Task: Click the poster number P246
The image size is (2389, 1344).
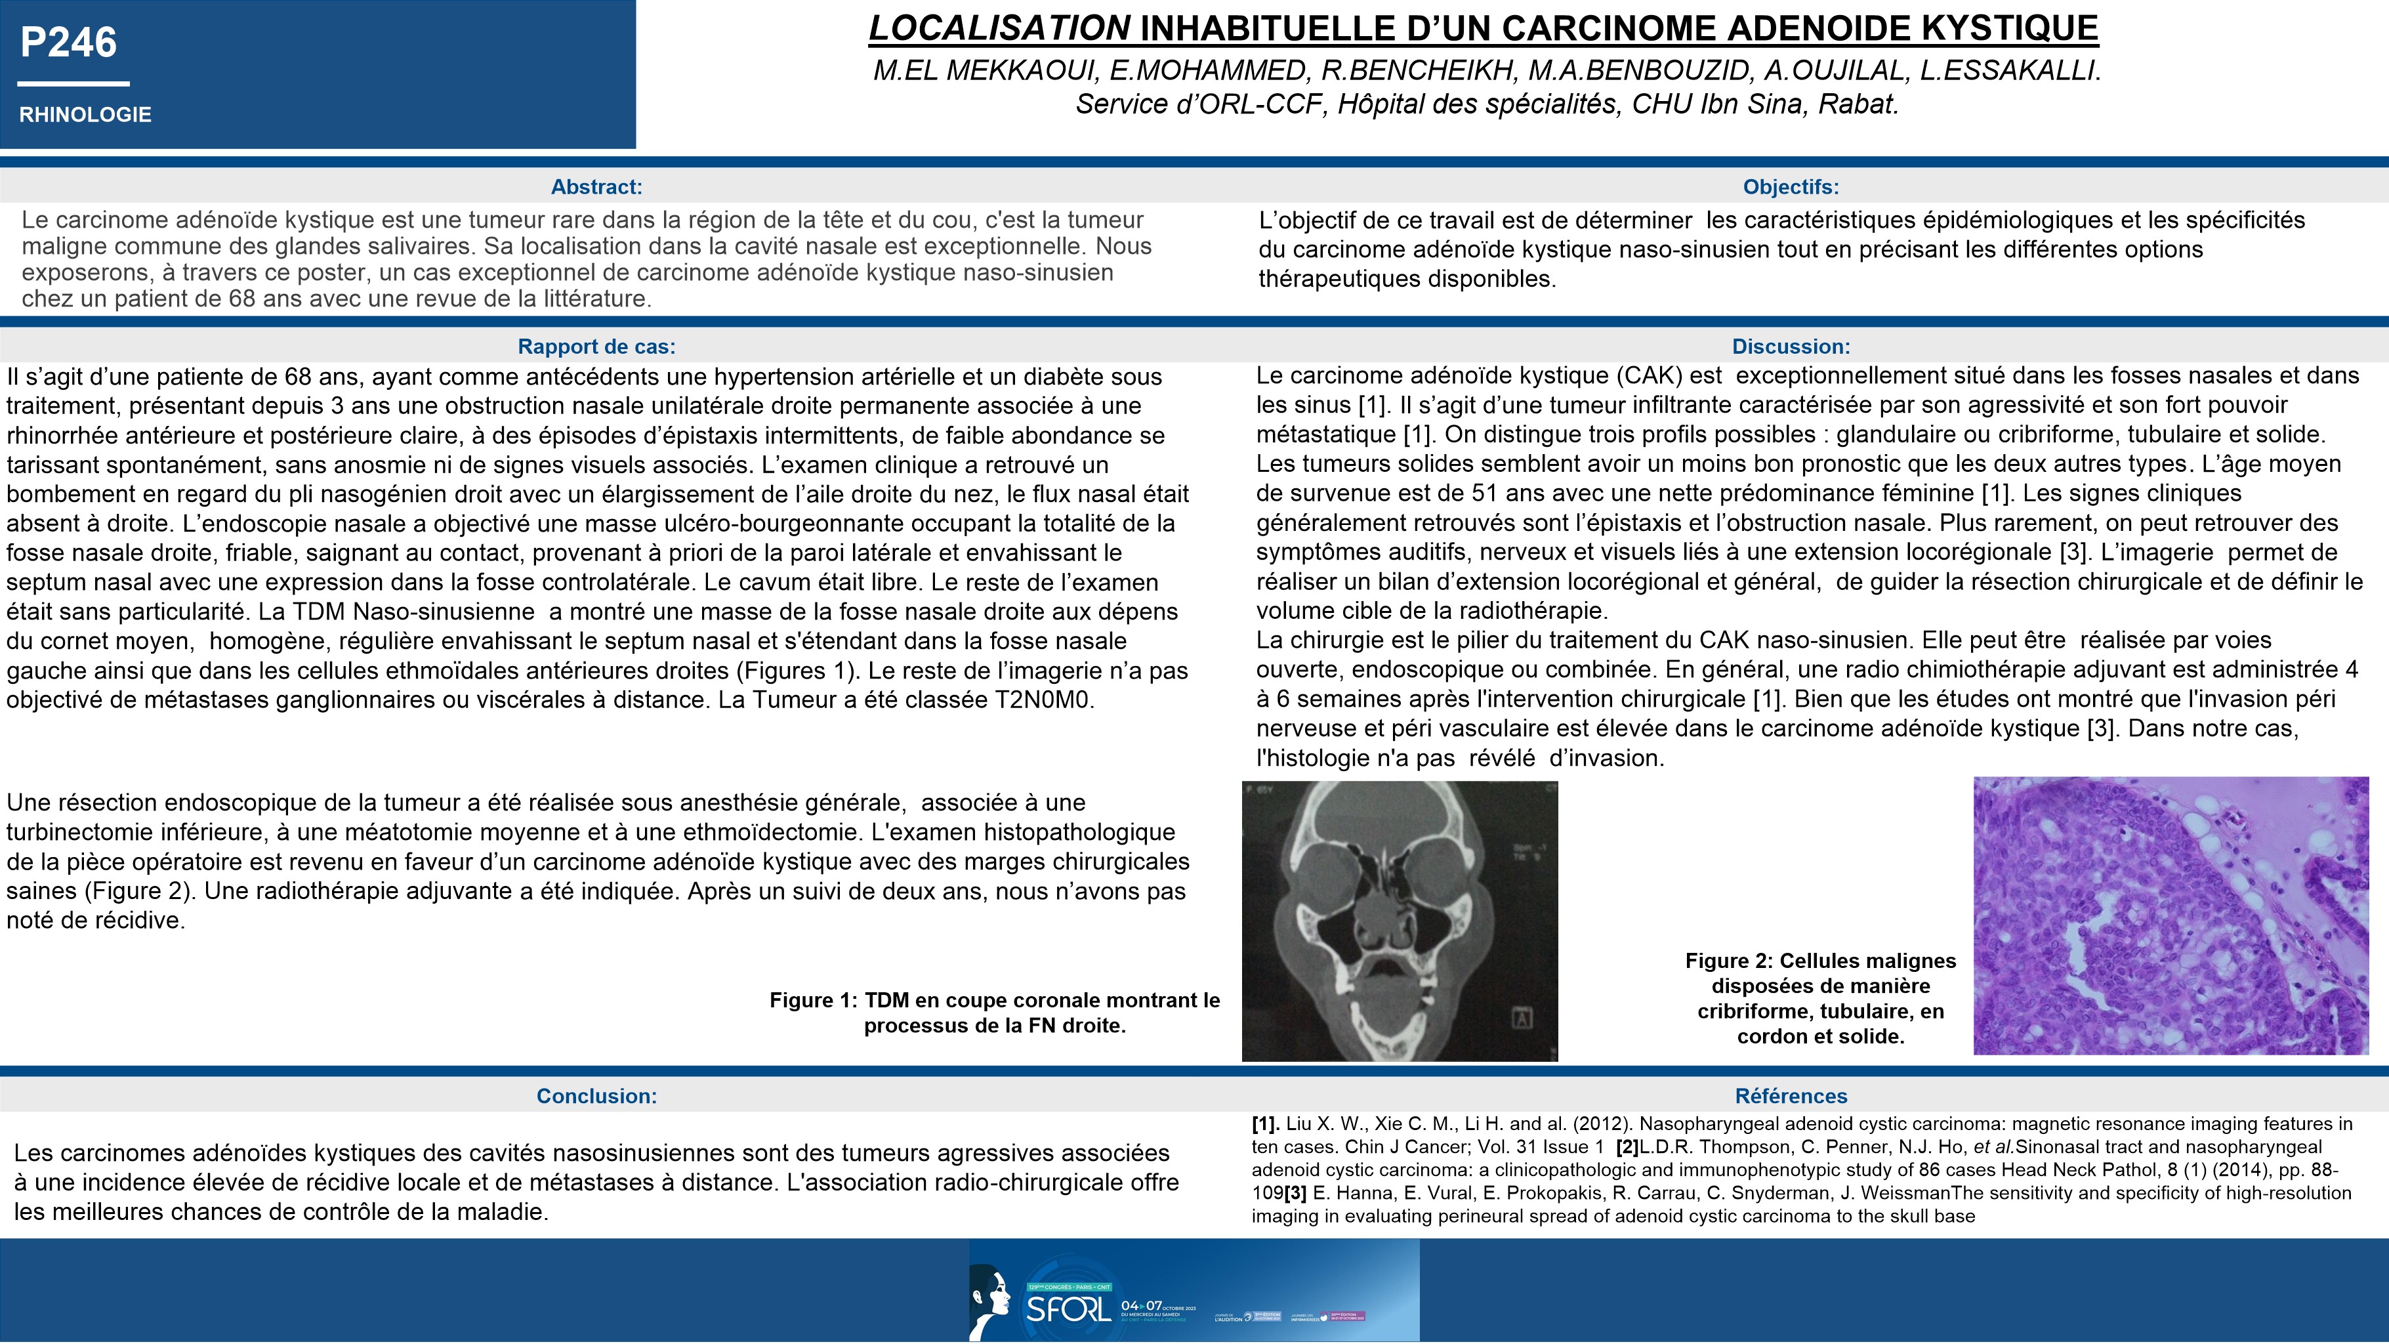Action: (69, 43)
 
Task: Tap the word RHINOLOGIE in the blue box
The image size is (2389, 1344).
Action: (85, 114)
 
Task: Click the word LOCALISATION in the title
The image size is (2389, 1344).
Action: (999, 29)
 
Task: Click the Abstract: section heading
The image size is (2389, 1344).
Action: (596, 186)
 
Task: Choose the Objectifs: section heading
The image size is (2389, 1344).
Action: (1790, 186)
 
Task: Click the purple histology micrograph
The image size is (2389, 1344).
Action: (2170, 915)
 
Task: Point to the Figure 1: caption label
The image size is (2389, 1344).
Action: (814, 1001)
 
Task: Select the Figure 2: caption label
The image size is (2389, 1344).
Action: (1729, 961)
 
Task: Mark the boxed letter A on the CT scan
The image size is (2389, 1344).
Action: (1522, 1018)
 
